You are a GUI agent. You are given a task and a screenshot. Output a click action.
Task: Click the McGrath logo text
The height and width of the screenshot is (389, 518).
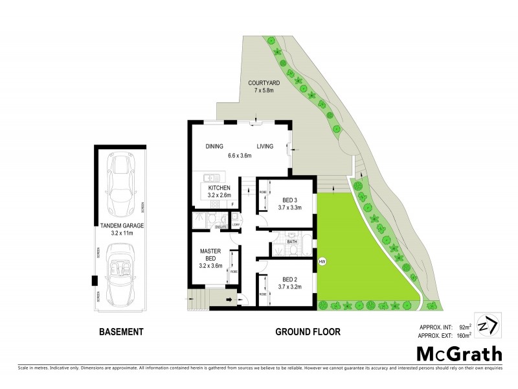458,354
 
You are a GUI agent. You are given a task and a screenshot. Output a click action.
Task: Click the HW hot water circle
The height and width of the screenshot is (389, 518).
322,262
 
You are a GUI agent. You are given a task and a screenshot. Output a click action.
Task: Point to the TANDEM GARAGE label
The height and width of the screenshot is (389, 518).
118,225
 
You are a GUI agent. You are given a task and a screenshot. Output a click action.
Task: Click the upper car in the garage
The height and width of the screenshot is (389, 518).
121,183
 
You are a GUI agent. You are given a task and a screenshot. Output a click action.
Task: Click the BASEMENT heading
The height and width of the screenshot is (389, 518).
120,332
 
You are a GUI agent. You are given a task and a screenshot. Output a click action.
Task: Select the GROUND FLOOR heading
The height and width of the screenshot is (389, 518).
308,332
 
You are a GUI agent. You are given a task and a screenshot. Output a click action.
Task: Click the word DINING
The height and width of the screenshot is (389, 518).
214,147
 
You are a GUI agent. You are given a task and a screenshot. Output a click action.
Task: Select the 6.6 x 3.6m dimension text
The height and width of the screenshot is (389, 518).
239,155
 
